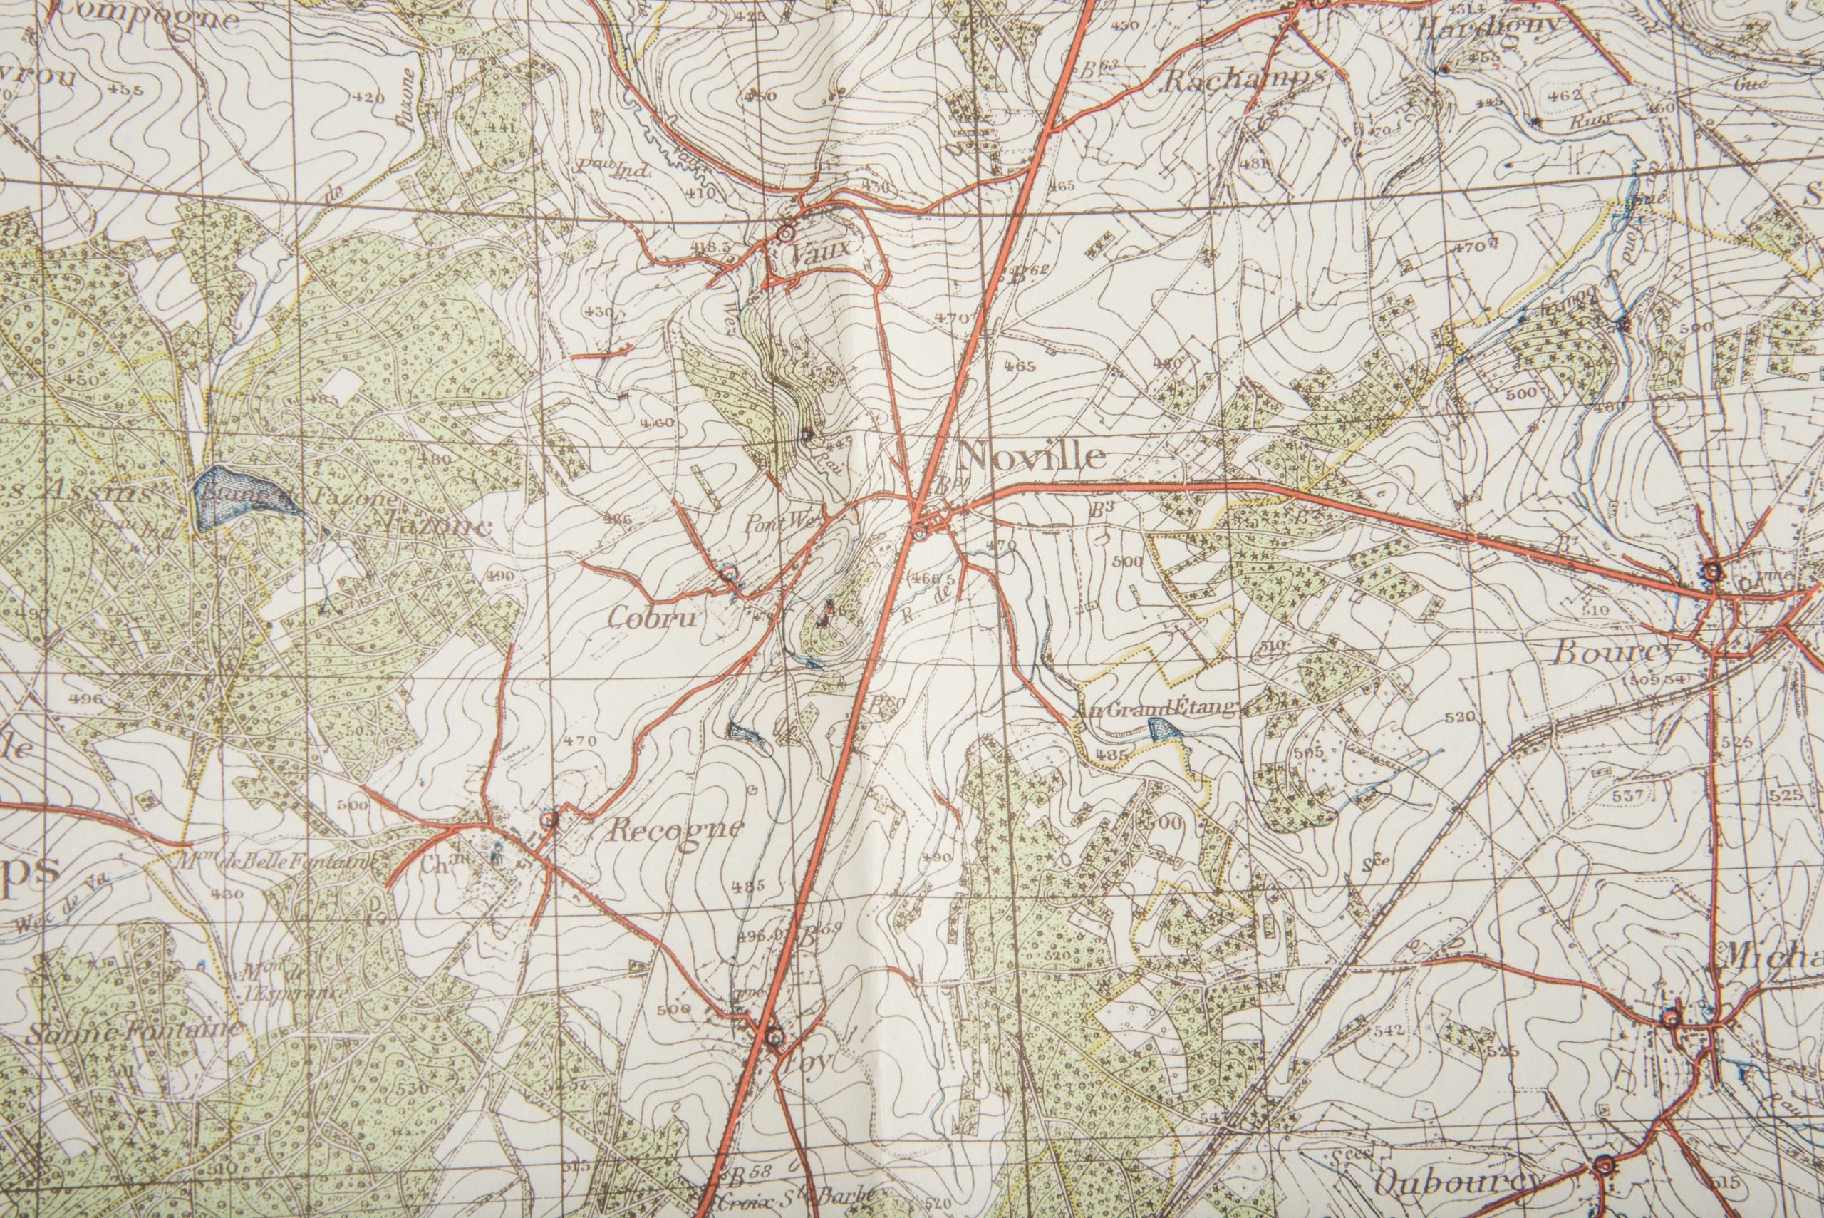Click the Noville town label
point(1032,457)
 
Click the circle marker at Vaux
point(787,232)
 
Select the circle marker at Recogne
point(550,819)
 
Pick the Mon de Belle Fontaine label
point(276,861)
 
